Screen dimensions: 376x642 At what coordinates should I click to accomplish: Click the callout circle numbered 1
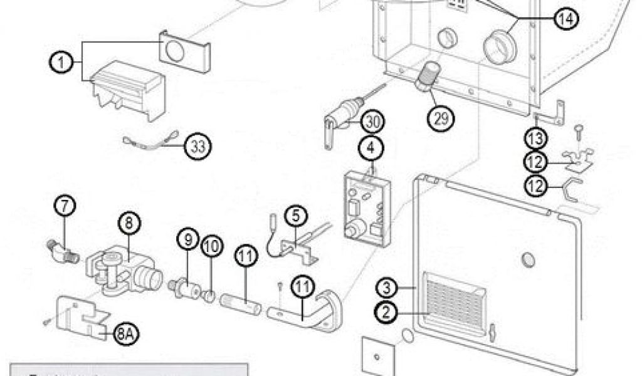coord(60,63)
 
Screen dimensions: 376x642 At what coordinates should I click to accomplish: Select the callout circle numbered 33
coord(198,147)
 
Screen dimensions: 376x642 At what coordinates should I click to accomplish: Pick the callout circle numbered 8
coord(129,222)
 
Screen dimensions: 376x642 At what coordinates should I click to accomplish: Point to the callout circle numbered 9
coord(187,239)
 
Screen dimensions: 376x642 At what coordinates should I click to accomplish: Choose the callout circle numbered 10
coord(211,247)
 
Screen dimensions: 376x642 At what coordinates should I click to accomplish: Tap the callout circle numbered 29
coord(441,117)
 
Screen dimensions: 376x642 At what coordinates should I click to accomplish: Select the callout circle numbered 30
coord(373,120)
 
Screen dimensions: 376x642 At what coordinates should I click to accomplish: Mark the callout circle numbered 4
coord(371,149)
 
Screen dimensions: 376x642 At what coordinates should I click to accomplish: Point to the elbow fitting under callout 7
coord(62,249)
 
